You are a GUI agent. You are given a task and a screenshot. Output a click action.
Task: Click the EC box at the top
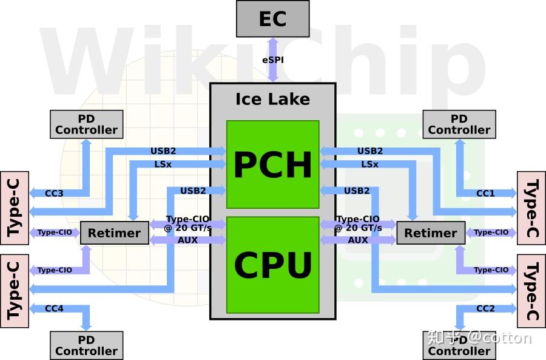(x=272, y=19)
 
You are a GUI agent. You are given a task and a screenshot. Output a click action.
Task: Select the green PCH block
(x=272, y=164)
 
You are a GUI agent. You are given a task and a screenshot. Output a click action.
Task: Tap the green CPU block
(x=272, y=265)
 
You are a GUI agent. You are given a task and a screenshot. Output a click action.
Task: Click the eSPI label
(x=272, y=60)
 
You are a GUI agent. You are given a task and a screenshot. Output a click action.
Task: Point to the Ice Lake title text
(x=272, y=99)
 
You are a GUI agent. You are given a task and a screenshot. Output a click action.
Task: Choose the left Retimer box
(x=114, y=233)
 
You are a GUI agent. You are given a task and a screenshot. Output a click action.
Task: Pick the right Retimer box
(x=431, y=233)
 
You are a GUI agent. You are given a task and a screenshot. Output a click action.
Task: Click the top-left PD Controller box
(x=86, y=124)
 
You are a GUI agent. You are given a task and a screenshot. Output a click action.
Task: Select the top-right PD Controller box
(x=459, y=124)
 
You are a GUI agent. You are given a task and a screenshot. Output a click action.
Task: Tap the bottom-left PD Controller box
(x=86, y=345)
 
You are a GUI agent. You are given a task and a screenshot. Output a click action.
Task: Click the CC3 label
(x=54, y=194)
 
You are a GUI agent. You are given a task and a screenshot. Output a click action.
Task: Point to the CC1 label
(x=485, y=194)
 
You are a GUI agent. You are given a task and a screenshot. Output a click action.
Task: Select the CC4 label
(x=54, y=309)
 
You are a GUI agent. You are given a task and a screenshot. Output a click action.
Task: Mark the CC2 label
(x=485, y=309)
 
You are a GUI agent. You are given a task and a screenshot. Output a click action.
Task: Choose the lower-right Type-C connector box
(x=531, y=291)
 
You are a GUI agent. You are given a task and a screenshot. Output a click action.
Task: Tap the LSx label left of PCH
(x=163, y=165)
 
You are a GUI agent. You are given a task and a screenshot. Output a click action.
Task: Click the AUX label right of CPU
(x=358, y=240)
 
